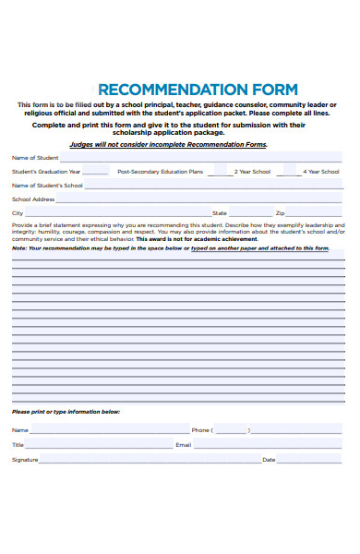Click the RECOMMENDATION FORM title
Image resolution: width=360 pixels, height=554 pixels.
198,90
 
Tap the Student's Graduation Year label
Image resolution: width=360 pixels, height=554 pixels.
46,172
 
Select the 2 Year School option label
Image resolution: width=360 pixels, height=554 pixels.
252,172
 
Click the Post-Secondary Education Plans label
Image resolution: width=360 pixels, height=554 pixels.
161,172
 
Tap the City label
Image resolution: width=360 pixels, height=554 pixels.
18,213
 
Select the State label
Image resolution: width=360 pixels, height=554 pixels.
220,213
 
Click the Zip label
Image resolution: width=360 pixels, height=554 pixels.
280,213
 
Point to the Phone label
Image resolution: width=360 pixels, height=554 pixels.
201,430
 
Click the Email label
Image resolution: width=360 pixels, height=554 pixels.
183,445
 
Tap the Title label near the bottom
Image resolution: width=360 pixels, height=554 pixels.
18,445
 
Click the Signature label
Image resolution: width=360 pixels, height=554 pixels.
25,460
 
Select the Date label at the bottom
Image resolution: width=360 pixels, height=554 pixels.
269,460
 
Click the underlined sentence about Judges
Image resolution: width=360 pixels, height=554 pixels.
169,145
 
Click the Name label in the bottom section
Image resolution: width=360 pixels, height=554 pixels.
19,430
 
